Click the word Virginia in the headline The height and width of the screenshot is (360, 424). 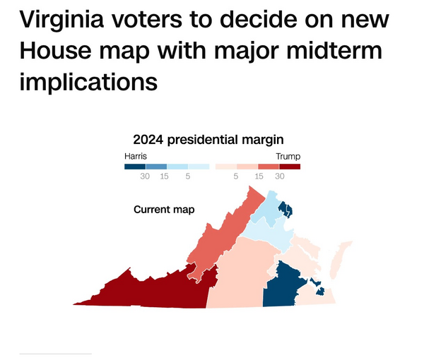[x=61, y=20]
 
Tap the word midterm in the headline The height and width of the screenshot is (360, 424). [x=334, y=51]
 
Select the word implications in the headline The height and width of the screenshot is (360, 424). [x=88, y=82]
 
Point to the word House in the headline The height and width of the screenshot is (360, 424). [x=55, y=51]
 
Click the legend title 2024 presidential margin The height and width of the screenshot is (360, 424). [x=208, y=140]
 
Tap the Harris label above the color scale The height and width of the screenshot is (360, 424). [x=136, y=156]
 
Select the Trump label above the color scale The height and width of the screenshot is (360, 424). [x=288, y=157]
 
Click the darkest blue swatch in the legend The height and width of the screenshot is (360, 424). [x=135, y=167]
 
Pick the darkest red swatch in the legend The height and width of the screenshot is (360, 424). [x=290, y=167]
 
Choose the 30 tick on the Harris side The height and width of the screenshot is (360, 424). [x=145, y=176]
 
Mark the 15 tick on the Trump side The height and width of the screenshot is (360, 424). [x=259, y=176]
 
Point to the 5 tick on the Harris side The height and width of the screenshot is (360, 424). [x=188, y=176]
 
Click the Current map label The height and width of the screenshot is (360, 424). [x=164, y=210]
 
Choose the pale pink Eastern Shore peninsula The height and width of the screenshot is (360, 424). [x=340, y=259]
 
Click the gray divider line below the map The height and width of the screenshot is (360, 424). [x=56, y=354]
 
